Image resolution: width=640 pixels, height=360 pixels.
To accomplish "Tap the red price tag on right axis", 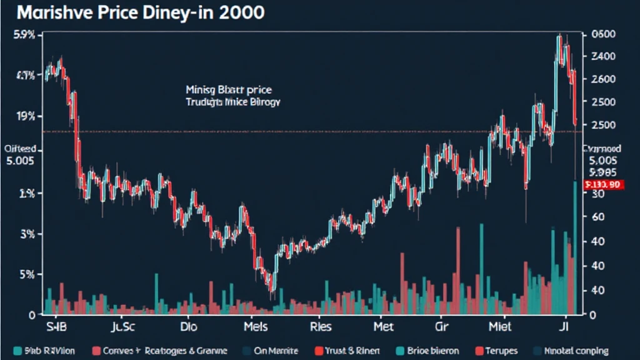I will pos(602,185).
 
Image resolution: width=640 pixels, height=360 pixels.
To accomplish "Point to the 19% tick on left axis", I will pos(26,116).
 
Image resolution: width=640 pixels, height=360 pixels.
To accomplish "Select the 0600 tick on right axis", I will pos(602,36).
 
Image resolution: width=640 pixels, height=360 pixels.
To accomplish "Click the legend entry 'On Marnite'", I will pos(272,351).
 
